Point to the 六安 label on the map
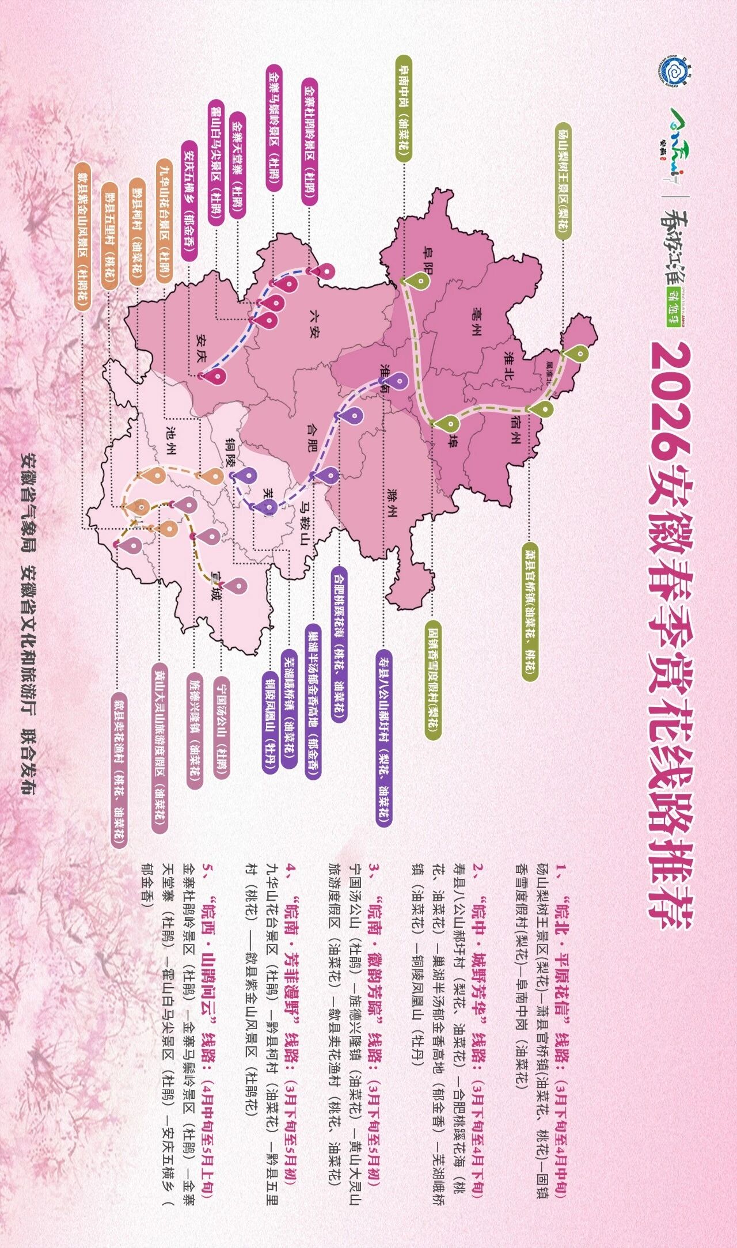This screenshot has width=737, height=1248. click(316, 324)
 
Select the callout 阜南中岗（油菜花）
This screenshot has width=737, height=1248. click(404, 109)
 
